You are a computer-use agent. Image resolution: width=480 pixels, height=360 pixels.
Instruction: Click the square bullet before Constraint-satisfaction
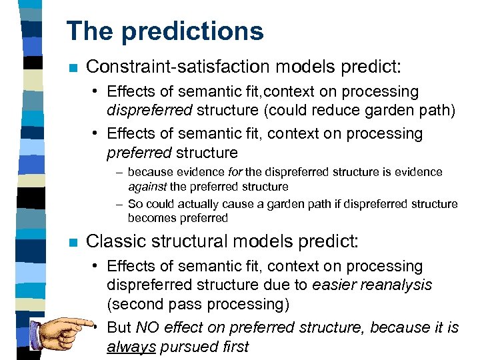73,67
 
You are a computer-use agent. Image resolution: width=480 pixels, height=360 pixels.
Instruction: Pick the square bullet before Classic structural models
73,241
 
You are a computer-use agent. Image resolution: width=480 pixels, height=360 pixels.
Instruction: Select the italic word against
147,187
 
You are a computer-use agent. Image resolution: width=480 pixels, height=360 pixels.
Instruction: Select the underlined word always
130,346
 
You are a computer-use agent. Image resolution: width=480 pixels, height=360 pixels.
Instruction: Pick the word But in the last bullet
119,327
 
